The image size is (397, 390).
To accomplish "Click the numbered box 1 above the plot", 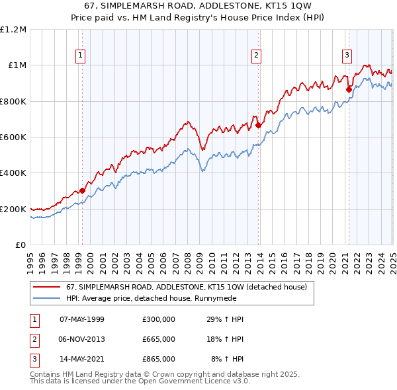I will (x=80, y=56).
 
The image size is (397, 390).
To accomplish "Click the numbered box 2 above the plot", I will (x=256, y=56).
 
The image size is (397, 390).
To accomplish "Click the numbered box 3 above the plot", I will (x=347, y=56).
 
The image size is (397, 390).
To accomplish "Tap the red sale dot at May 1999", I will (x=82, y=191).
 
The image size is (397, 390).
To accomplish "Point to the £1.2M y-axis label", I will (x=13, y=30).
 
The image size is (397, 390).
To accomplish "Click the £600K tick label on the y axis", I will (x=13, y=137).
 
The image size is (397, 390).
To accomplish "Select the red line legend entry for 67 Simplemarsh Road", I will (x=186, y=288).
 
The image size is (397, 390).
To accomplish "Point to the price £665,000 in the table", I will (x=159, y=339).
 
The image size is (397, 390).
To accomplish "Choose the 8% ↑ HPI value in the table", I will (x=228, y=359).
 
